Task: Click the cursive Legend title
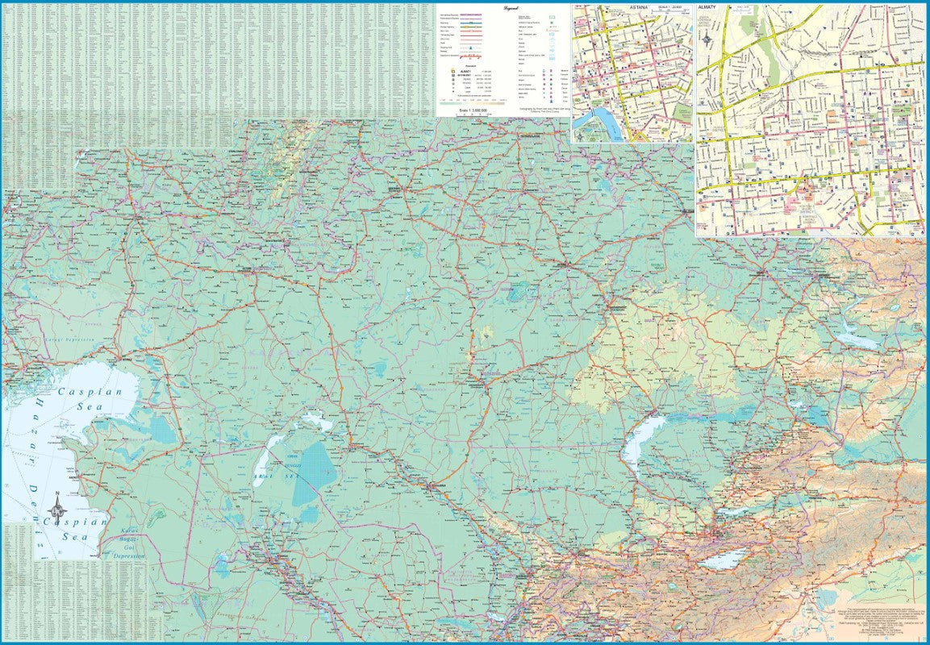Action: click(x=509, y=7)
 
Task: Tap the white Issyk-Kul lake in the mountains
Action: click(x=723, y=559)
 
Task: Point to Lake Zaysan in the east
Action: click(x=857, y=341)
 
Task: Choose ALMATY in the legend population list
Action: click(x=465, y=71)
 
